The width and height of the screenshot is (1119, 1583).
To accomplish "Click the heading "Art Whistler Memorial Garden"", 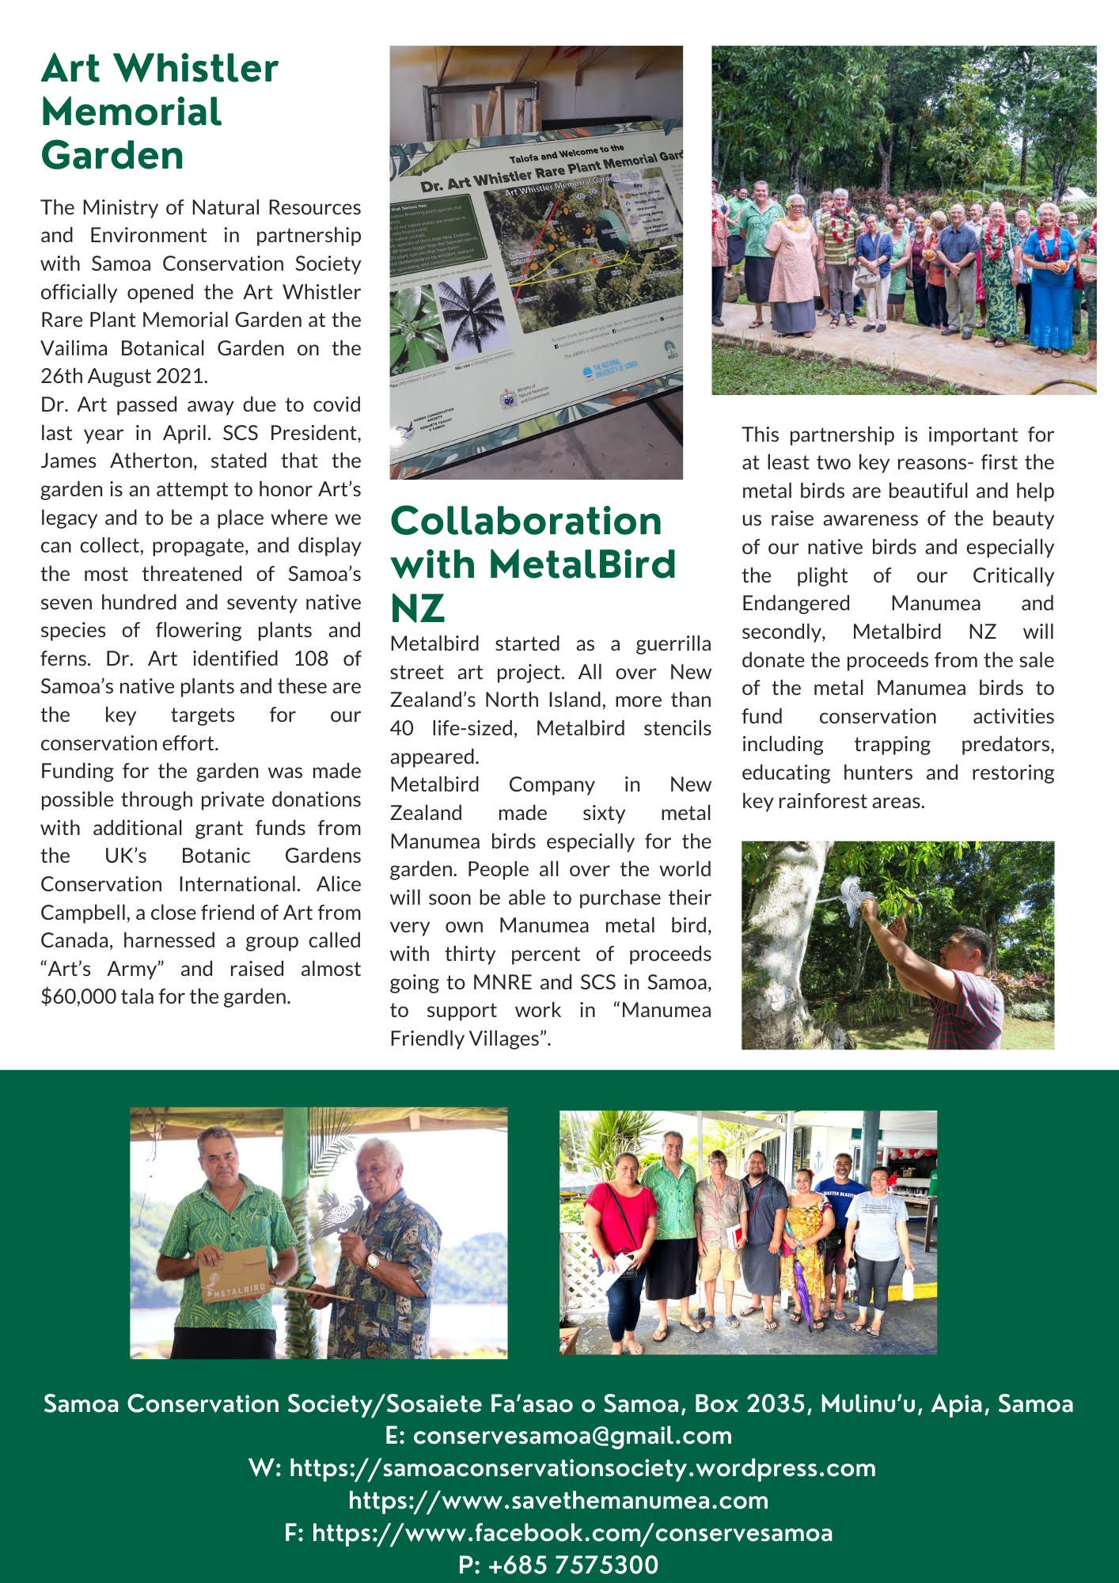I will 159,112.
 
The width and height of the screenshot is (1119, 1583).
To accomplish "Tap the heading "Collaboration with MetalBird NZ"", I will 533,564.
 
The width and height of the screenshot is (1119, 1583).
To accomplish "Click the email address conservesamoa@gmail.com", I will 572,1435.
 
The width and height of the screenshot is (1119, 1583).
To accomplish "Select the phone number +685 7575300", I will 559,1565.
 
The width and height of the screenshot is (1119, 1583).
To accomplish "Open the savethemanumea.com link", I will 559,1500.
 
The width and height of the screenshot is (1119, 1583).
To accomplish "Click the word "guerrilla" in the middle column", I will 673,643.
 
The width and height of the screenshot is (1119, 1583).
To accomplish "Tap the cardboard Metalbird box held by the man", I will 234,1275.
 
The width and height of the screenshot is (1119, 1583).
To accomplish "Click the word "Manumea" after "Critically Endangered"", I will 935,603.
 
